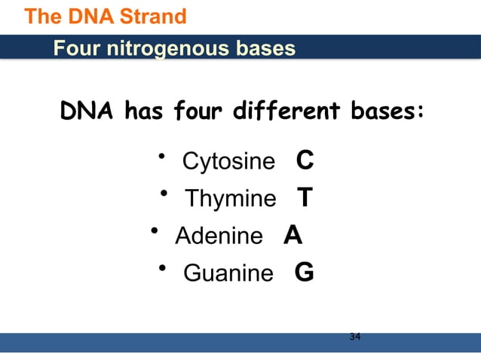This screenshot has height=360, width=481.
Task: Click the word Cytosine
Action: [228, 162]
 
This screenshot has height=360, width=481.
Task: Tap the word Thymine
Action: [231, 200]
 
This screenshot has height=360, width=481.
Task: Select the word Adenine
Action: [219, 236]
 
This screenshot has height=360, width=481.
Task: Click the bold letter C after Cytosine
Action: [305, 161]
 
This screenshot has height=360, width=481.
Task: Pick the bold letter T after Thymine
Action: [305, 198]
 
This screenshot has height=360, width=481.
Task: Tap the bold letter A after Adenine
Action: [293, 236]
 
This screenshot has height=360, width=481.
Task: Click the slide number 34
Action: [355, 336]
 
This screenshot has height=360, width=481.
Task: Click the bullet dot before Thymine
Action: [164, 194]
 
